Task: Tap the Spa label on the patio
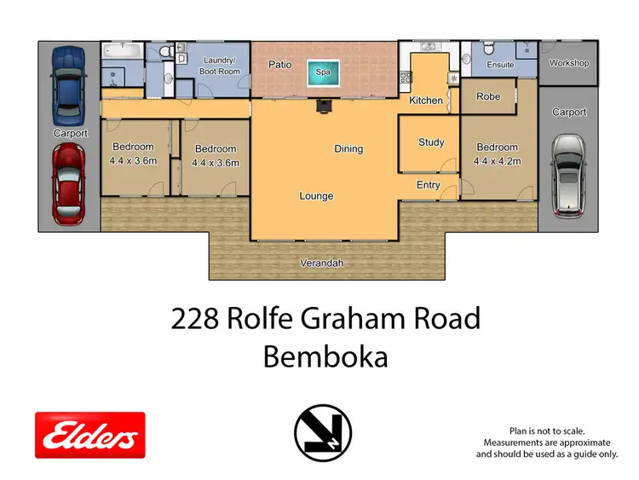323,73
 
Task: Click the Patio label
280,64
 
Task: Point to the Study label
431,142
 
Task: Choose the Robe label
488,96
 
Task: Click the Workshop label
569,63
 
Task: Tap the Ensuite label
500,65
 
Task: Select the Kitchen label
426,101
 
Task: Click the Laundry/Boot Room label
220,66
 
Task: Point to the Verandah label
322,263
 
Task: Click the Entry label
429,185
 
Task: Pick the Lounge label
316,196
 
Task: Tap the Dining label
348,148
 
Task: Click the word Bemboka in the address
325,357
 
